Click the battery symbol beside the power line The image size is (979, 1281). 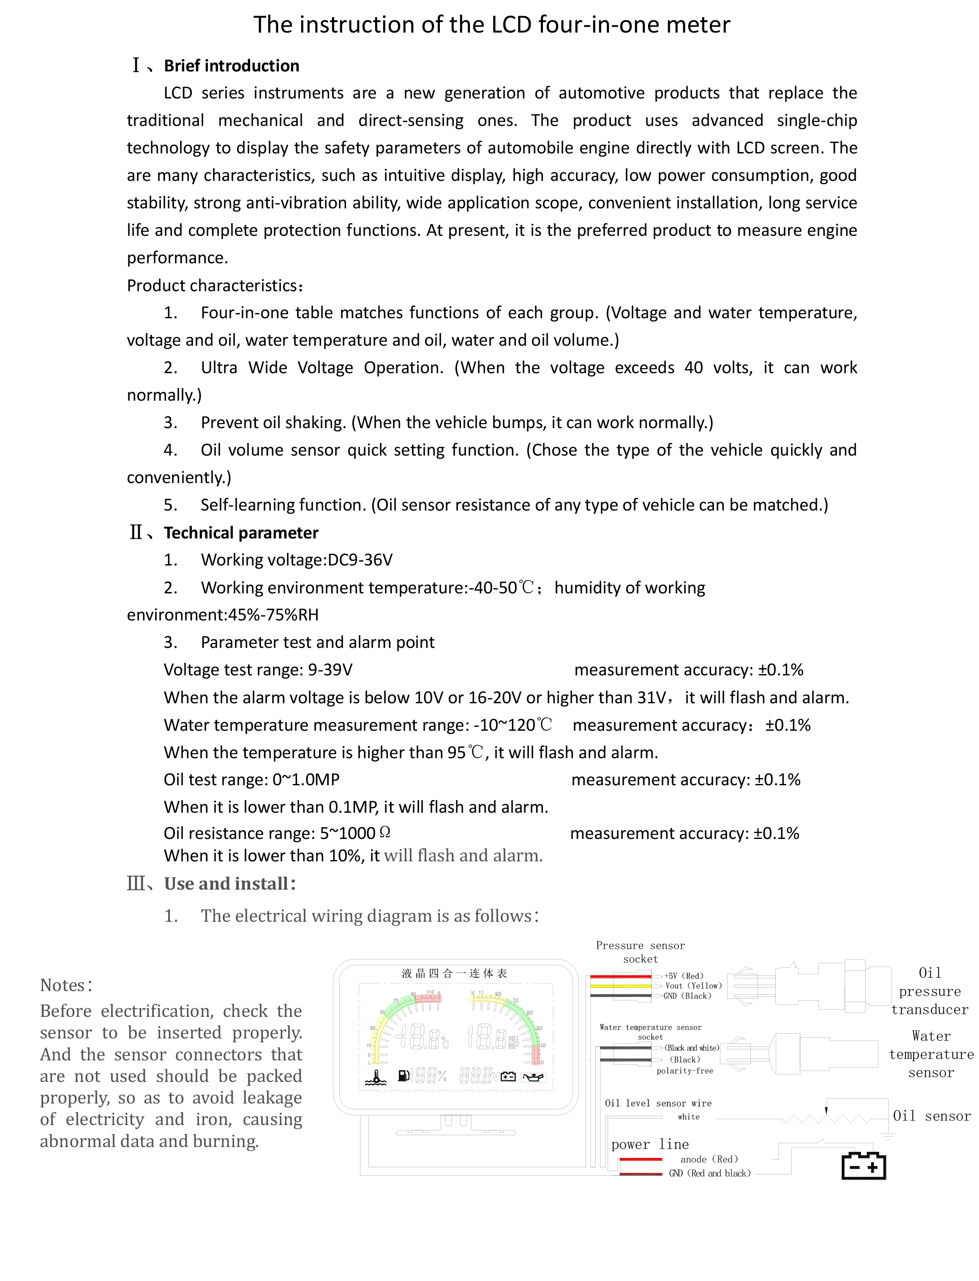coord(864,1166)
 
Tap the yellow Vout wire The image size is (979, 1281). coord(621,986)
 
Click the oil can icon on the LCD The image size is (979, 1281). coord(534,1076)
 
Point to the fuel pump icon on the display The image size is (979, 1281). coord(403,1075)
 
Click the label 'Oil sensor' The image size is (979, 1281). coord(931,1115)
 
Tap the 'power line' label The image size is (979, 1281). coord(650,1144)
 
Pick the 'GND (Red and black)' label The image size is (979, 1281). coord(710,1173)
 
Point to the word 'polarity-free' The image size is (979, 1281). coord(685,1071)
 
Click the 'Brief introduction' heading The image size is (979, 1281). coord(232,66)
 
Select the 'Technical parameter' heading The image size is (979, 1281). coord(241,533)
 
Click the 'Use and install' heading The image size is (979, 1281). coord(226,884)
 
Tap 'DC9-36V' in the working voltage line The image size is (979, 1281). coord(360,560)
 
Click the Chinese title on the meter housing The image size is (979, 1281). coord(455,973)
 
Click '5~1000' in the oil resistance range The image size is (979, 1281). coord(347,833)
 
